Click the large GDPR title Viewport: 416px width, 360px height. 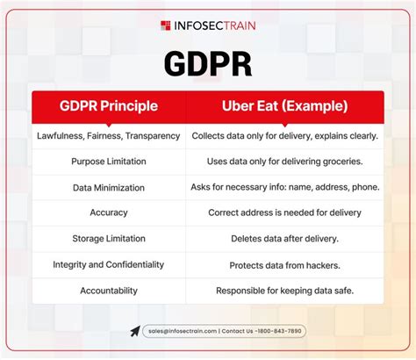click(208, 64)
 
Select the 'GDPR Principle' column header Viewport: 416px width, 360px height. click(109, 106)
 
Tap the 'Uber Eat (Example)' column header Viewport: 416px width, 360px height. click(284, 106)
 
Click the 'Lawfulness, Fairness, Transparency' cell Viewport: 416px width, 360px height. click(109, 136)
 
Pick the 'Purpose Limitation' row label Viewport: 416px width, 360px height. click(109, 162)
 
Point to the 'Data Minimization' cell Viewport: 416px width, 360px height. click(109, 187)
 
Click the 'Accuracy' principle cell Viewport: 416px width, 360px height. click(109, 212)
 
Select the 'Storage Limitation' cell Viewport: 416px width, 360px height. click(109, 238)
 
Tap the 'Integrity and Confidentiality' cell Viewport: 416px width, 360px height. click(109, 264)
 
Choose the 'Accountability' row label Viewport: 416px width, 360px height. click(109, 290)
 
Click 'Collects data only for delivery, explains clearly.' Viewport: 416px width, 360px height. click(284, 136)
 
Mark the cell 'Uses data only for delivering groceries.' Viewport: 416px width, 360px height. click(284, 162)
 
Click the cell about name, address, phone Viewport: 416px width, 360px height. click(284, 187)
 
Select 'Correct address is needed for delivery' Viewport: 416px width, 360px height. click(284, 212)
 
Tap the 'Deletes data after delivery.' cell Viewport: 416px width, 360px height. click(284, 238)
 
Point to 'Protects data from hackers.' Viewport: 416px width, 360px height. click(284, 264)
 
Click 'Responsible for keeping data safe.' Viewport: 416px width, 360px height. click(284, 290)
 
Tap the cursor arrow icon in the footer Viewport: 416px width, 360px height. click(134, 331)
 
